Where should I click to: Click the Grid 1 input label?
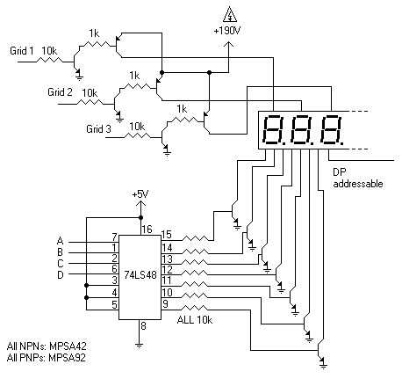pyautogui.click(x=21, y=50)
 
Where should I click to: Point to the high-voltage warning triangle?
pyautogui.click(x=229, y=12)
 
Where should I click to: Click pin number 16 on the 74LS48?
pyautogui.click(x=147, y=229)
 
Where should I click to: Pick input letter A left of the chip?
pyautogui.click(x=61, y=239)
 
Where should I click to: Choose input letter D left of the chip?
pyautogui.click(x=61, y=275)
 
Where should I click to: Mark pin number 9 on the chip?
pyautogui.click(x=165, y=303)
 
